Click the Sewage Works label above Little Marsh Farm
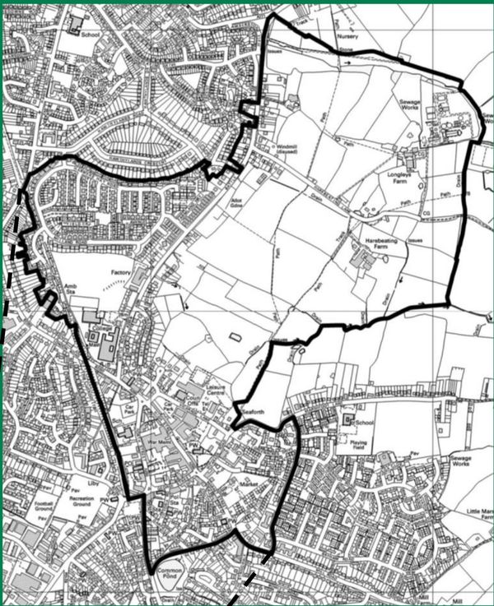(460, 462)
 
